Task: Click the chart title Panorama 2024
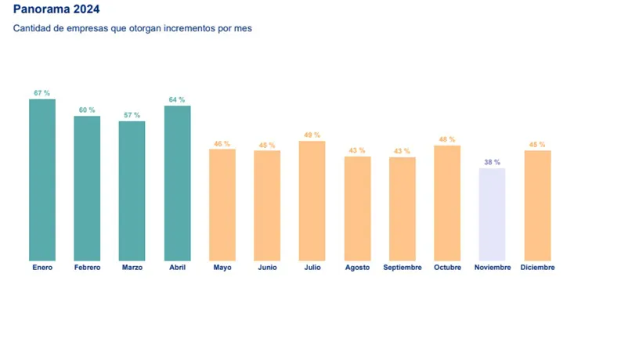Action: (56, 10)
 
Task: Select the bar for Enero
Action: (42, 180)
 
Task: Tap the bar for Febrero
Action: (87, 188)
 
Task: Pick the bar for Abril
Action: (177, 183)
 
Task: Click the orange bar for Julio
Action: (312, 201)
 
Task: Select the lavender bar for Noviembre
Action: (492, 214)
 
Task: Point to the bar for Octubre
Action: (447, 203)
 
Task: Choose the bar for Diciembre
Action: (537, 205)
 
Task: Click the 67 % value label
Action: (42, 93)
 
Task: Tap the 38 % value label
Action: (492, 162)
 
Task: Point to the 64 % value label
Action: (177, 99)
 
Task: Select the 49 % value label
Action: (312, 135)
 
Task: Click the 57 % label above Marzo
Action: (132, 115)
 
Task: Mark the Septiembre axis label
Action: (403, 268)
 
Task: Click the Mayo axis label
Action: (222, 268)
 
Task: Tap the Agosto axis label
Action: (358, 268)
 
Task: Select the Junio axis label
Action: (267, 268)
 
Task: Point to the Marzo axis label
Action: (132, 268)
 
